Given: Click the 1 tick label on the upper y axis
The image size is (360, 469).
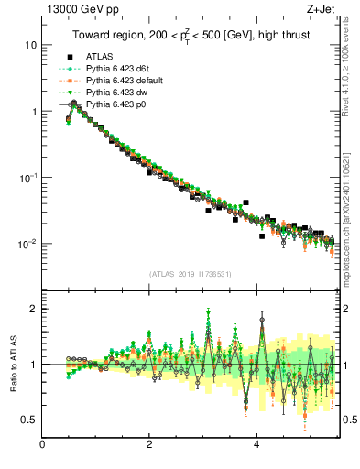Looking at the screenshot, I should (x=34, y=112).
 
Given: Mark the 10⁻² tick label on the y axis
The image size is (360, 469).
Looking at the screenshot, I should (x=27, y=244).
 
